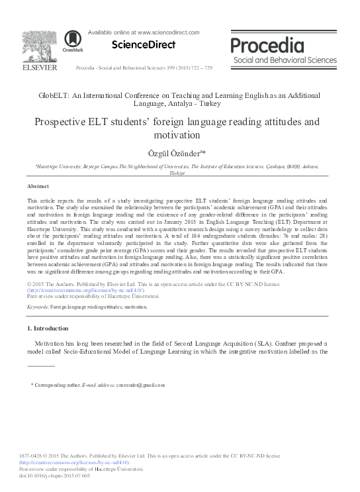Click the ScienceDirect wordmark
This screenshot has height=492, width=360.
coord(143,45)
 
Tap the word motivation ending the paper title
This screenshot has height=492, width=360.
coord(180,136)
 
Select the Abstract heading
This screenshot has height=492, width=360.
coord(38,187)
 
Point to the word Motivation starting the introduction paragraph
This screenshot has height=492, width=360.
coord(52,346)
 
